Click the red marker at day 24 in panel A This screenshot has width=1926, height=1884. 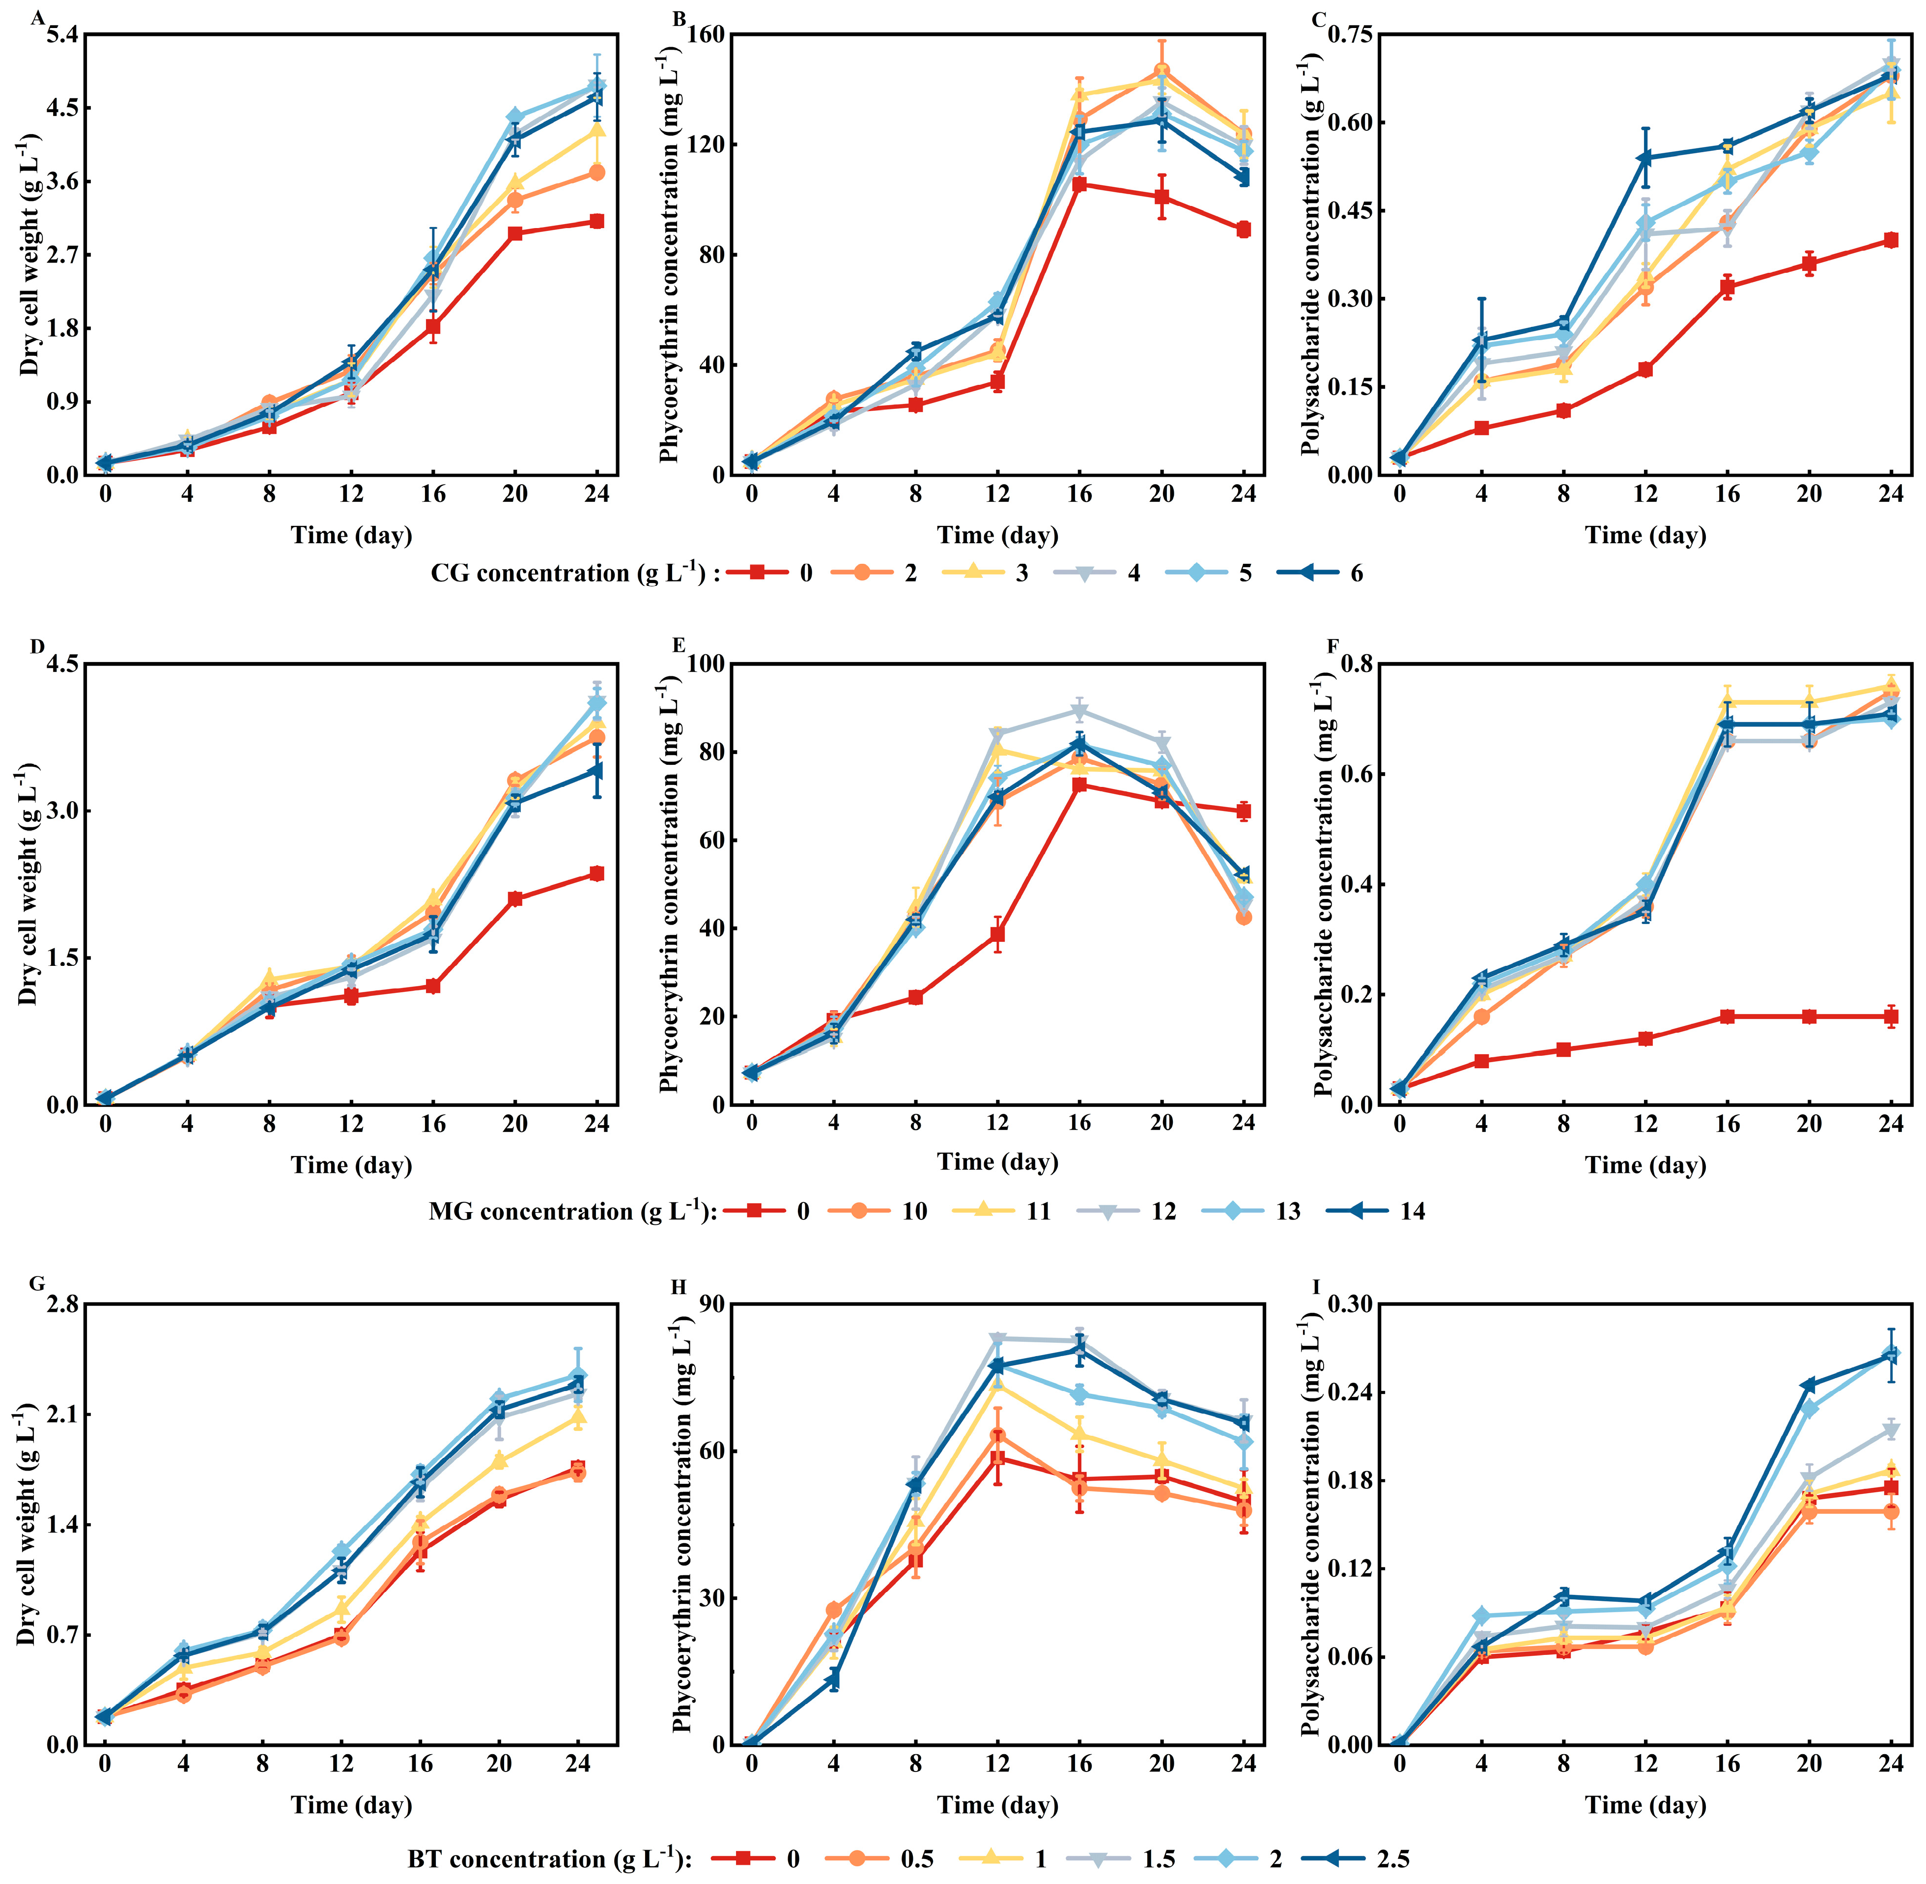596,222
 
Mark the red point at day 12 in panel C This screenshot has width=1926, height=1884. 1645,369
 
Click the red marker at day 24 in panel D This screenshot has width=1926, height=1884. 596,874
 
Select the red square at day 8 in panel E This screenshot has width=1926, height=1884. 915,997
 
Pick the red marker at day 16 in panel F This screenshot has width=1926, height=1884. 1727,1016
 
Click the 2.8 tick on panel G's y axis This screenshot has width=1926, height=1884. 61,1304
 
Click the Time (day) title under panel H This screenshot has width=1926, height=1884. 997,1805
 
